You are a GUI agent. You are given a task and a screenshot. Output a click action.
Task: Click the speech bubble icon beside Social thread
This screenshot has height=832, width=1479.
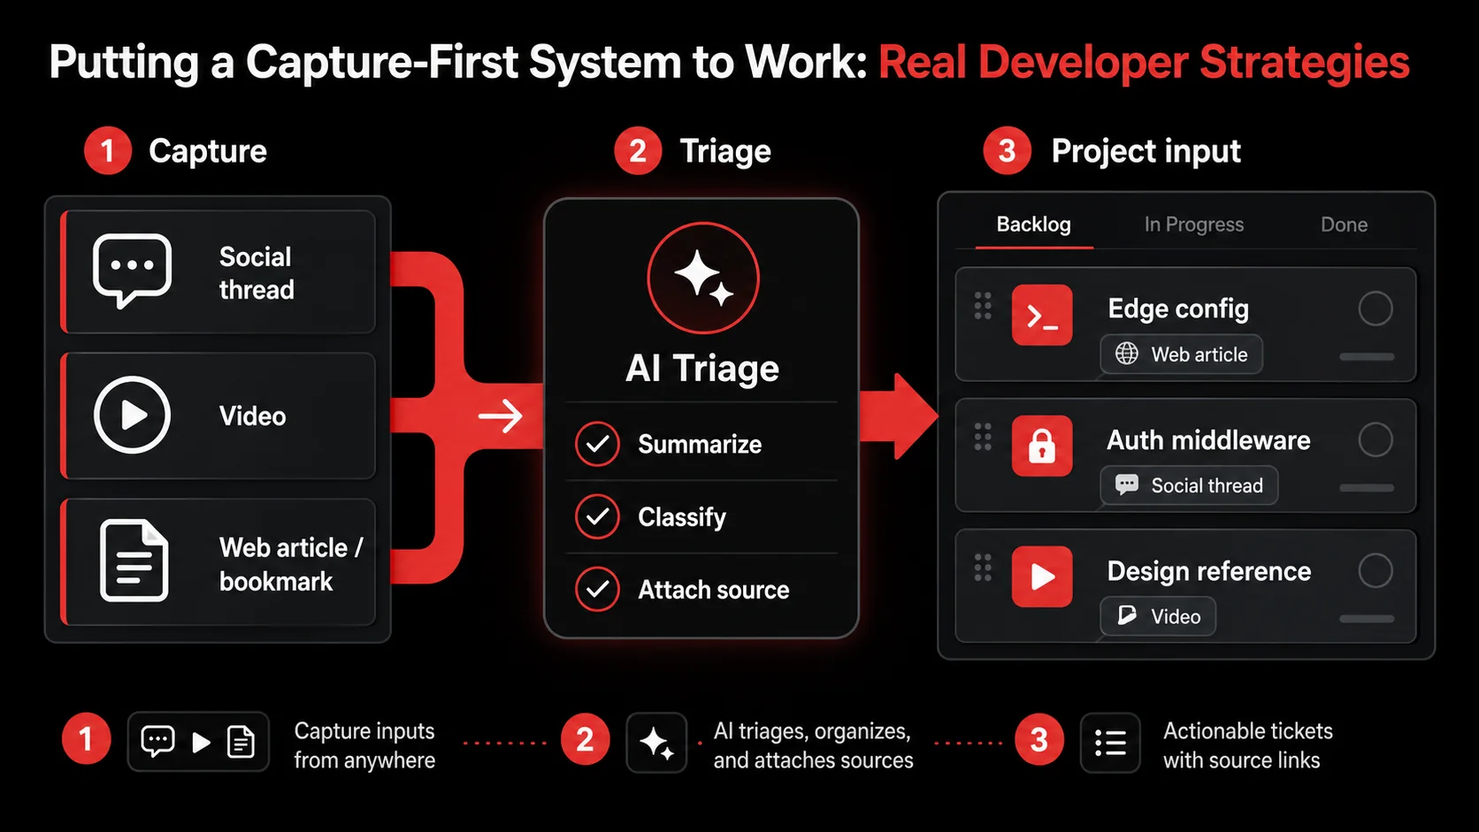pos(132,270)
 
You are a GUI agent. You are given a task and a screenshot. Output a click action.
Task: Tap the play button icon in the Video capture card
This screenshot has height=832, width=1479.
pos(132,415)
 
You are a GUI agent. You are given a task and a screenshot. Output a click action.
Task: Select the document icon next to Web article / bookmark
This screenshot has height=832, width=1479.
pos(134,561)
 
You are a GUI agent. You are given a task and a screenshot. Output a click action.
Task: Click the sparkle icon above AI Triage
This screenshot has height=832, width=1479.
pos(703,278)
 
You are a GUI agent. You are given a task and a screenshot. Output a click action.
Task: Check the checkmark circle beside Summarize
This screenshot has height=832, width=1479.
pos(597,444)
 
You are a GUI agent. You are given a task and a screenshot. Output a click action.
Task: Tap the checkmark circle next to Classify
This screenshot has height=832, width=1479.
pos(597,516)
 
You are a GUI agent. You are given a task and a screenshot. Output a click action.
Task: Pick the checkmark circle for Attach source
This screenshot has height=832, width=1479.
pos(597,589)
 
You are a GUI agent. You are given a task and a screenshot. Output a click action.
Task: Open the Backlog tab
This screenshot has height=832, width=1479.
pos(1033,225)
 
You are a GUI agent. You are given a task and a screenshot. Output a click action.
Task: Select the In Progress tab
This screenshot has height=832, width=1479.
pos(1194,225)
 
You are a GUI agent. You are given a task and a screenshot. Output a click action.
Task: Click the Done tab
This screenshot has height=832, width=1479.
pos(1344,225)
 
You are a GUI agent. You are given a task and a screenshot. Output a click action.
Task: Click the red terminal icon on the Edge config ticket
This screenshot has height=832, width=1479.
pos(1042,316)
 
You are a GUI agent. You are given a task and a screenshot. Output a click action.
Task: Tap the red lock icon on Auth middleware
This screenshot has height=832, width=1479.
pos(1042,446)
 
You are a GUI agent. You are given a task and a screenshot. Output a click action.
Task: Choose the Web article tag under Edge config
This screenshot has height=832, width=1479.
pos(1181,355)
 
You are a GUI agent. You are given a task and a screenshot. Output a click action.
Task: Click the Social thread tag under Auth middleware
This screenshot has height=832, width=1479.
pos(1189,485)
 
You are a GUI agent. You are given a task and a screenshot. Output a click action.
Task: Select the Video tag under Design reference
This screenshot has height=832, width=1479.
pos(1158,616)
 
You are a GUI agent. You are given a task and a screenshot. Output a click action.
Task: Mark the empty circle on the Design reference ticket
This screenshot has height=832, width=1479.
pos(1376,570)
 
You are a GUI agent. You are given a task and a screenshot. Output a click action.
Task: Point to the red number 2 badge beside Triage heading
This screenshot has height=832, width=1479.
pos(638,151)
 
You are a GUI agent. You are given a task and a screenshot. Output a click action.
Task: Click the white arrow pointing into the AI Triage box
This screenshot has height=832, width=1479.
pos(501,416)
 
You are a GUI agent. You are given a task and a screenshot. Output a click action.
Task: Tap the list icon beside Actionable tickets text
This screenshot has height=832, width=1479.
pos(1110,743)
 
